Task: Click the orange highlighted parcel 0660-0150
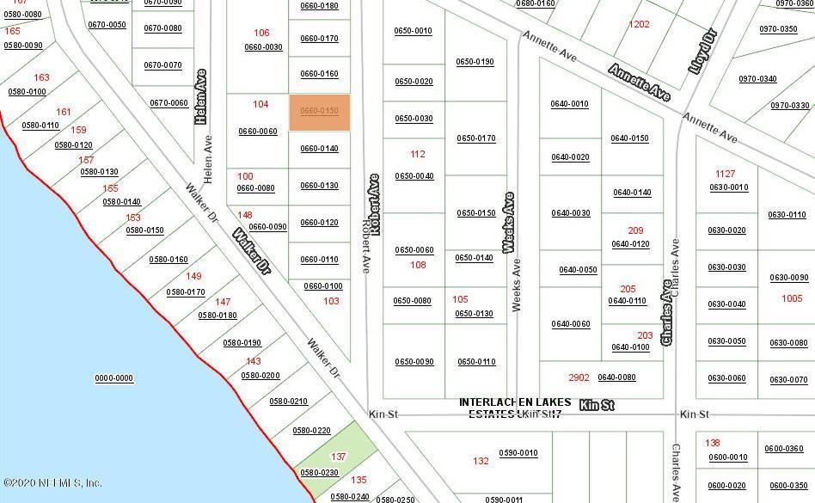(x=319, y=113)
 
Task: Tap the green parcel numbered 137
(x=339, y=457)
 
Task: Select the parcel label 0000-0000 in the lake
(x=113, y=378)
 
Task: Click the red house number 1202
(x=639, y=25)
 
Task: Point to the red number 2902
(x=579, y=377)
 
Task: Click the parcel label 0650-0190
(x=475, y=62)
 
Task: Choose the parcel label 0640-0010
(x=570, y=104)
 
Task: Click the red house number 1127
(x=726, y=175)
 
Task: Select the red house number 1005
(x=792, y=298)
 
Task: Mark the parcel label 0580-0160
(x=168, y=260)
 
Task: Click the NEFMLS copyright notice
(x=53, y=483)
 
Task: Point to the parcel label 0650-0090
(x=414, y=362)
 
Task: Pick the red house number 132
(x=481, y=462)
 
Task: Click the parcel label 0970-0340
(x=757, y=79)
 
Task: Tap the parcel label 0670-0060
(x=169, y=103)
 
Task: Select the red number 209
(x=635, y=230)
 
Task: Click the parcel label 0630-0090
(x=788, y=278)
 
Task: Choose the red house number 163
(x=41, y=77)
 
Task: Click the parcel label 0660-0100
(x=322, y=286)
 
